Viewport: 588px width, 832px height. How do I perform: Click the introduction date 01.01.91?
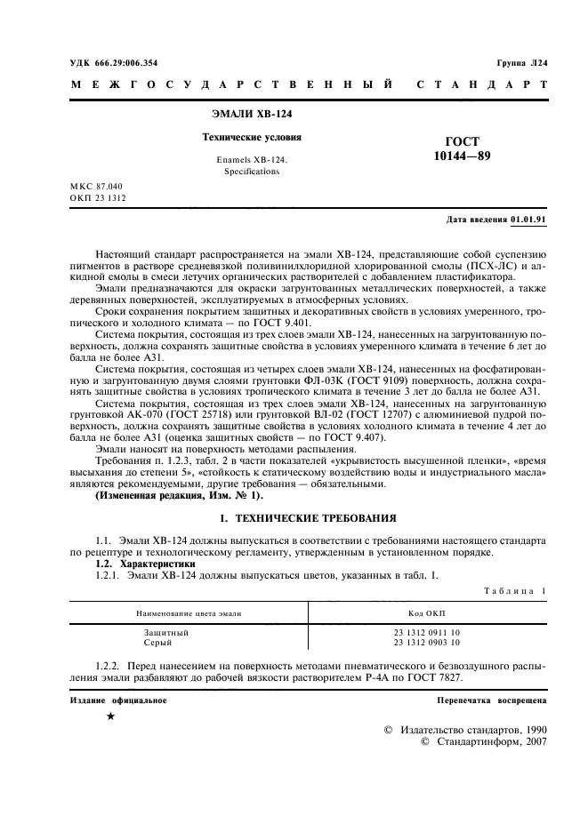pos(529,219)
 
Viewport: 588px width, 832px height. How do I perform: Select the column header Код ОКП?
pos(427,613)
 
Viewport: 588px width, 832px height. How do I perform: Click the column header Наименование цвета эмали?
pos(188,613)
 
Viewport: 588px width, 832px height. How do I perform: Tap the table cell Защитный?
pos(161,632)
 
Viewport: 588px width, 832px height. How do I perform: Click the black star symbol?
pos(110,716)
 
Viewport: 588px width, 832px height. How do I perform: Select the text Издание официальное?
pos(117,700)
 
